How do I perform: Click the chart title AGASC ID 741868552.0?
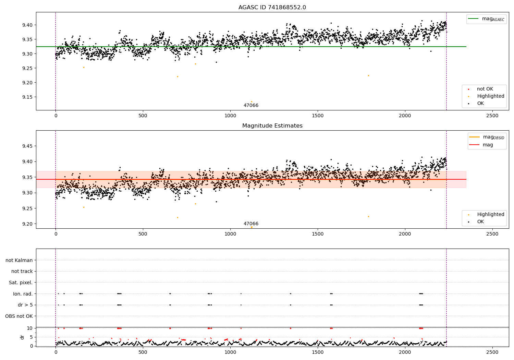[272, 8]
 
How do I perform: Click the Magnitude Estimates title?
[272, 126]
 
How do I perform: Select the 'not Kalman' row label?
[19, 260]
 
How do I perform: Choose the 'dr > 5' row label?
[25, 305]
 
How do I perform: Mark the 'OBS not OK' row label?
[19, 316]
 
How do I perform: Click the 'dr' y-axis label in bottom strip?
[22, 337]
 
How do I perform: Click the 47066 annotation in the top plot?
[251, 106]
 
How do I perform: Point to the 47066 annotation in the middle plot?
[251, 224]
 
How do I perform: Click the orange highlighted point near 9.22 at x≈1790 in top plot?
[368, 75]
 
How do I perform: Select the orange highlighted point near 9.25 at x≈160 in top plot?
[84, 67]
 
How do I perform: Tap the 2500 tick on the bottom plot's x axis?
[492, 352]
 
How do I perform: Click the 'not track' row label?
[22, 271]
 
